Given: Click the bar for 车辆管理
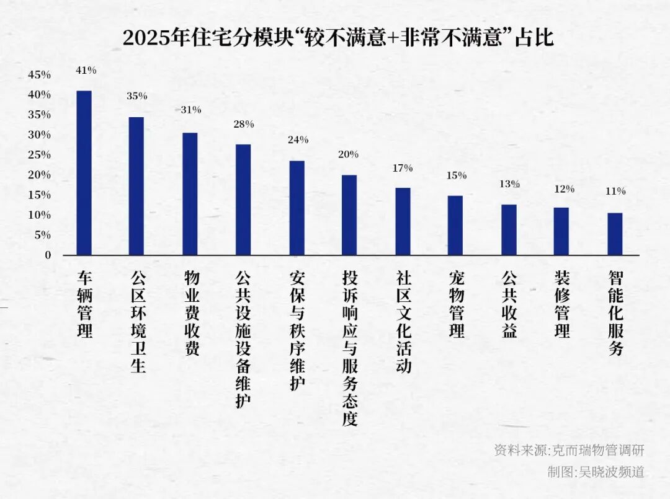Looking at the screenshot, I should pyautogui.click(x=84, y=173).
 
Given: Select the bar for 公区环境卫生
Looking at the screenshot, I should pyautogui.click(x=136, y=186).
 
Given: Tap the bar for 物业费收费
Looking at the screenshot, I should pyautogui.click(x=190, y=194).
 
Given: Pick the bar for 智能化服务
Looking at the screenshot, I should pyautogui.click(x=615, y=234).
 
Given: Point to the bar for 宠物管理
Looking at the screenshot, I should pyautogui.click(x=455, y=226).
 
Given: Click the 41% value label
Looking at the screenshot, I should pyautogui.click(x=86, y=71).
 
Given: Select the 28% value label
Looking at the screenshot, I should pyautogui.click(x=243, y=124).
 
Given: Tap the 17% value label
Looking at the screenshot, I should pyautogui.click(x=403, y=168).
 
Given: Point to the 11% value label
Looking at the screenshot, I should pyautogui.click(x=615, y=192).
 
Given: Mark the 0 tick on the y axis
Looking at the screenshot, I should pyautogui.click(x=48, y=255).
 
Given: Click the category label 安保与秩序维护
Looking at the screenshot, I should pyautogui.click(x=297, y=330).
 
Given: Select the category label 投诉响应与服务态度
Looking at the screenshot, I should pyautogui.click(x=350, y=348).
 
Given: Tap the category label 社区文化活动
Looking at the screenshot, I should pyautogui.click(x=403, y=321).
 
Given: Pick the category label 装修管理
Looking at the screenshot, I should pyautogui.click(x=562, y=304).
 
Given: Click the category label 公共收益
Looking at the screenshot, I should pyautogui.click(x=509, y=304).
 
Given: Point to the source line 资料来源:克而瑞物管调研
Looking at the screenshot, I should pyautogui.click(x=569, y=450).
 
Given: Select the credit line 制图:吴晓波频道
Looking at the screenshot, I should pyautogui.click(x=596, y=472).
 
